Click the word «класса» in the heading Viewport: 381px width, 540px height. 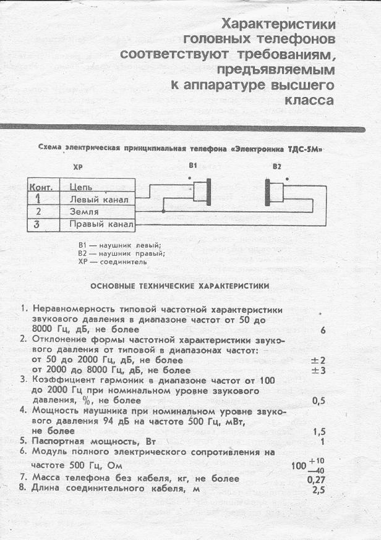pos(309,99)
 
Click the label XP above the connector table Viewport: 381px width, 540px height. pos(77,167)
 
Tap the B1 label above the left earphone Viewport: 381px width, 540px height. pos(192,166)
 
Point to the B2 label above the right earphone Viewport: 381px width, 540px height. pos(276,166)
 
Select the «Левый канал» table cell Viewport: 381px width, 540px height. pos(99,199)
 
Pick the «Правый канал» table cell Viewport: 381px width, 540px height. pos(101,224)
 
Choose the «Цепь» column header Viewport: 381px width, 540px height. pos(82,186)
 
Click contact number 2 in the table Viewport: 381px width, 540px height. pos(38,211)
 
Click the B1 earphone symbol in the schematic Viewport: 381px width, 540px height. pos(202,192)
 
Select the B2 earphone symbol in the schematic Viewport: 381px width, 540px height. pos(274,192)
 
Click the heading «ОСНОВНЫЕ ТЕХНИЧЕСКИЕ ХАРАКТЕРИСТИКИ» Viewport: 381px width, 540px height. pos(179,286)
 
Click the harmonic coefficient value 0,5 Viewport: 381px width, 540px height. pos(319,401)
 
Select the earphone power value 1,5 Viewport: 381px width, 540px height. pos(319,431)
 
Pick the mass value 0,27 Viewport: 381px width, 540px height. pos(316,479)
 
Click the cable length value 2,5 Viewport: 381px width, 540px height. pos(319,491)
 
